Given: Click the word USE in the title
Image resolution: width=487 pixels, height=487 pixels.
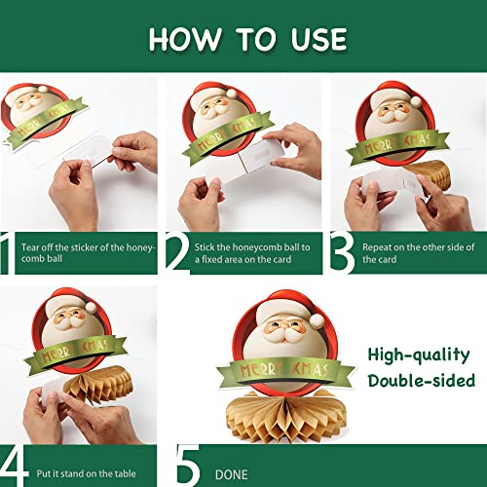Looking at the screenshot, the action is click(319, 39).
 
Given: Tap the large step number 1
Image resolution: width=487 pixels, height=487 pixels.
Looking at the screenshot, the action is click(7, 253).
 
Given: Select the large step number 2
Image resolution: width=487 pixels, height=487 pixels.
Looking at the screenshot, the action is click(177, 251).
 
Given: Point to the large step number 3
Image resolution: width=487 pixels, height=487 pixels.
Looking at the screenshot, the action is click(342, 252).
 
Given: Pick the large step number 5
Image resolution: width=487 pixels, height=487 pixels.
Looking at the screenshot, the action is click(188, 466).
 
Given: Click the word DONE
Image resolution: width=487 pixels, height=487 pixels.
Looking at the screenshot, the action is click(231, 474).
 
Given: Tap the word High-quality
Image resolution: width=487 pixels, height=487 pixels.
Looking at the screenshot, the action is click(419, 355).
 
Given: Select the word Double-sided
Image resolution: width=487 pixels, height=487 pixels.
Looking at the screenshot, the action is click(422, 380).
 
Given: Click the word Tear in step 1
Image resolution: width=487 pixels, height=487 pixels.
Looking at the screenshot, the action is click(30, 247).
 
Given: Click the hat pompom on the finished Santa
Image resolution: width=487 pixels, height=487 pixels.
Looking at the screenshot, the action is click(318, 320).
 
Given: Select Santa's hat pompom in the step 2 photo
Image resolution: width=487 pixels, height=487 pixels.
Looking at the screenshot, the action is click(232, 94).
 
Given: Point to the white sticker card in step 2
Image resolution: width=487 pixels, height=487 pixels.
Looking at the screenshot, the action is click(261, 156).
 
